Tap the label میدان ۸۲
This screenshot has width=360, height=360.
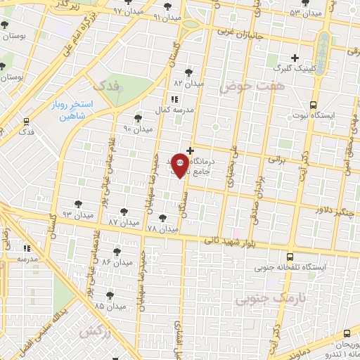188,83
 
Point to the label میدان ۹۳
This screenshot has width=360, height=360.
77,214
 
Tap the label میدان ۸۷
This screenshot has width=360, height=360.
122,222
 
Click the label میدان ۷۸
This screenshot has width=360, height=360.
163,229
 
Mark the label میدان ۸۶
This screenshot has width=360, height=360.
117,262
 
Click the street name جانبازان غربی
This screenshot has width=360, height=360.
243,32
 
